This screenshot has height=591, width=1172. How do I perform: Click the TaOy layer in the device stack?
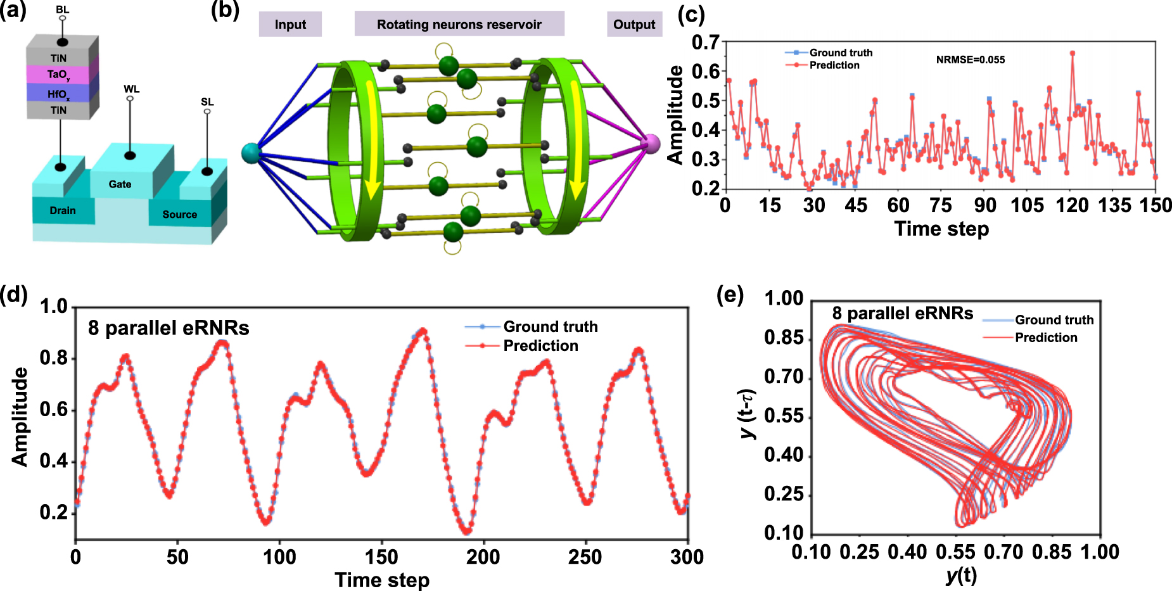point(58,75)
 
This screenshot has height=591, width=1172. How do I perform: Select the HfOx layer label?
point(58,94)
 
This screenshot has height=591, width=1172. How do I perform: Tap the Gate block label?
point(120,184)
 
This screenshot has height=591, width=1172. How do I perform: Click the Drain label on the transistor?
point(63,210)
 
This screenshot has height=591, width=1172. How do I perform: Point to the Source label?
point(179,214)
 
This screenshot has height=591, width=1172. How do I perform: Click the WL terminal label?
point(131,89)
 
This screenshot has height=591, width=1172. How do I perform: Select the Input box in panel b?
point(290,25)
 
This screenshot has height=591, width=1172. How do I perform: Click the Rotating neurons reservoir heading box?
point(459,25)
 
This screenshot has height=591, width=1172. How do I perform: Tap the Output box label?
point(634,25)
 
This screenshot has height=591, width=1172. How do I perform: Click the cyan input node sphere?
point(251,153)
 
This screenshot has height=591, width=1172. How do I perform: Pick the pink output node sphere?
point(651,144)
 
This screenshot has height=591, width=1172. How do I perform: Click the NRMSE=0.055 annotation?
point(970,60)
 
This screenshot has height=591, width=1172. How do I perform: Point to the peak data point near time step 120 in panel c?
point(1072,53)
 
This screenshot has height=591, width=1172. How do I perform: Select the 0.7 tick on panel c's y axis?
point(705,42)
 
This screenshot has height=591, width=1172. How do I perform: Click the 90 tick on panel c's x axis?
point(985,205)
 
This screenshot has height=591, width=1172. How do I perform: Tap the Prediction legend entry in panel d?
point(540,346)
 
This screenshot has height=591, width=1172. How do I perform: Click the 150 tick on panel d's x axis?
point(382,557)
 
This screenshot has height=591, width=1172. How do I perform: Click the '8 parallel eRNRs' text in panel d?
point(169,328)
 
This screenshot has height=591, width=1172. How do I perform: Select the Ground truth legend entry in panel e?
point(1054,320)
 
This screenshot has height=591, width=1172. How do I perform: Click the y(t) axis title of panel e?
point(960,575)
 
